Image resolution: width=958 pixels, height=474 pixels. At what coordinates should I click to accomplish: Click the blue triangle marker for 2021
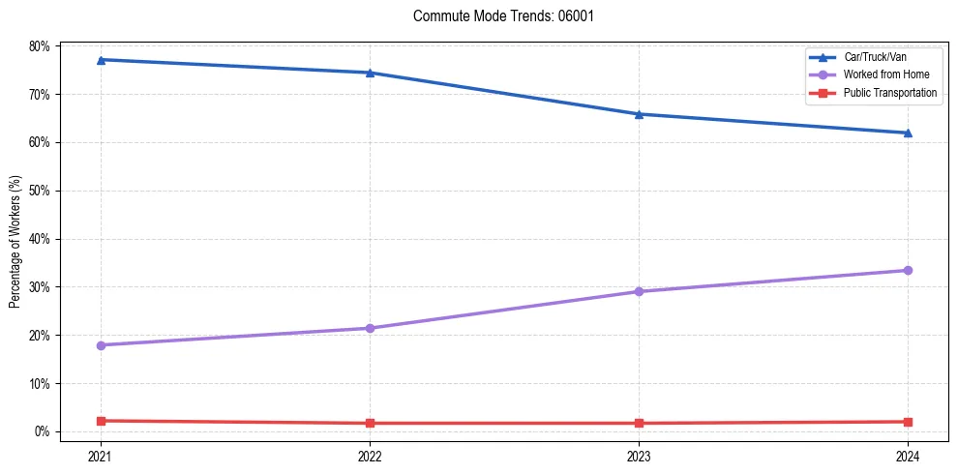[101, 60]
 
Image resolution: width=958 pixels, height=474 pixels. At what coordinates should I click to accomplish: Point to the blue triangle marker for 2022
[370, 73]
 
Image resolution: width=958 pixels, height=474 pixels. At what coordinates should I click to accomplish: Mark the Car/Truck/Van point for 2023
[639, 114]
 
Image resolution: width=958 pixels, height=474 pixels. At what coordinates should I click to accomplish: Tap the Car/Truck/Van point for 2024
[908, 133]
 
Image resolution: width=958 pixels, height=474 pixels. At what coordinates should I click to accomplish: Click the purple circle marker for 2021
[101, 345]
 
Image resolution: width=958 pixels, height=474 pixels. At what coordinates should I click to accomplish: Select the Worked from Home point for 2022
[370, 328]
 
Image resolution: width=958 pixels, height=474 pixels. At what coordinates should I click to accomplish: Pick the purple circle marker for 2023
[639, 291]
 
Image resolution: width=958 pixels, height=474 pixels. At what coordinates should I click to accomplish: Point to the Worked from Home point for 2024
[908, 270]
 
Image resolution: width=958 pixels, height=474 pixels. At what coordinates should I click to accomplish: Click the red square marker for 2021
[101, 421]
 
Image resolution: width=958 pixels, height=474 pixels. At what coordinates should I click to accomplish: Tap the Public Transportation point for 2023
[639, 423]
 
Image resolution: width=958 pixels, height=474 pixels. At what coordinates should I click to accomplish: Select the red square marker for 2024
[908, 422]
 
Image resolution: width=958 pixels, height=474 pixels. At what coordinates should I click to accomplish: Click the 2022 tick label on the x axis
[370, 456]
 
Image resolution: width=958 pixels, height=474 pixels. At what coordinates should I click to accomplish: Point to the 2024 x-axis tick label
[908, 456]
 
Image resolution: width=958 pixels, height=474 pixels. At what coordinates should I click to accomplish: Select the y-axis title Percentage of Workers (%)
[15, 241]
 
